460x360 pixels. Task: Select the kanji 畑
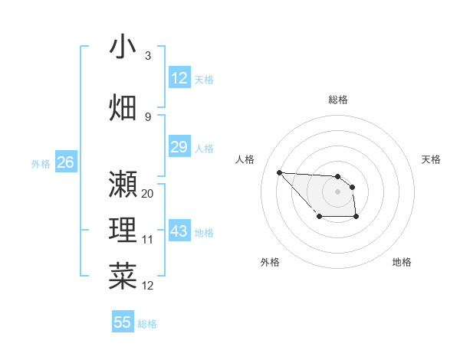click(x=123, y=106)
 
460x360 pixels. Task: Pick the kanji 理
click(x=123, y=231)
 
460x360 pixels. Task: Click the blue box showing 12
click(x=179, y=78)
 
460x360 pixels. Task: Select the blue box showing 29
click(x=179, y=147)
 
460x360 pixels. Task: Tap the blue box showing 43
click(x=179, y=232)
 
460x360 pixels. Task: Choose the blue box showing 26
click(x=65, y=162)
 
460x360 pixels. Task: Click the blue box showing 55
click(x=123, y=322)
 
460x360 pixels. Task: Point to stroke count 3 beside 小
click(x=147, y=56)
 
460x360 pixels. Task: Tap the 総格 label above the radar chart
click(x=338, y=100)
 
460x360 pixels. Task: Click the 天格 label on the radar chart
click(x=431, y=159)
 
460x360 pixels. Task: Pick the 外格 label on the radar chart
click(x=270, y=262)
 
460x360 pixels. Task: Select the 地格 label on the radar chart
click(x=402, y=262)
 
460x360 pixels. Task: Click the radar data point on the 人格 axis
click(x=279, y=172)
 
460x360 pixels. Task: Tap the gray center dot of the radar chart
click(x=338, y=191)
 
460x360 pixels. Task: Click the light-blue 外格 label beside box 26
click(x=40, y=163)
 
